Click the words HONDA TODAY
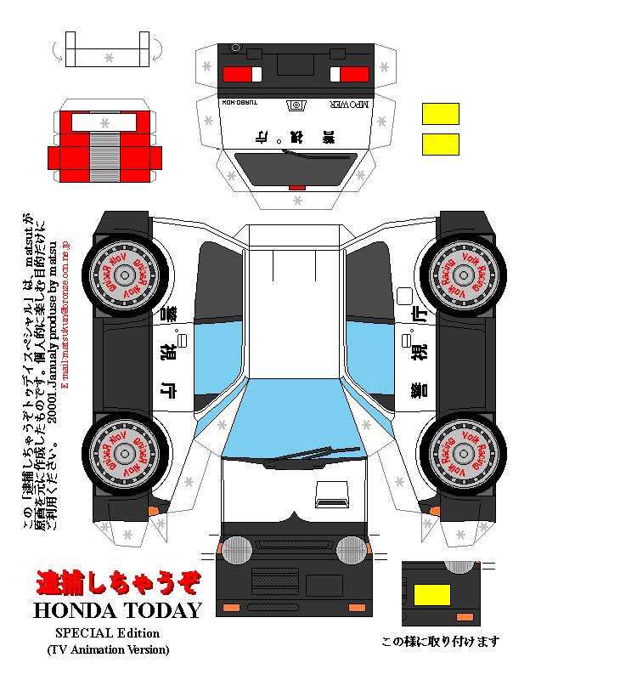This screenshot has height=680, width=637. (117, 610)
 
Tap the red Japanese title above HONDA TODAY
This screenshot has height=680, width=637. (118, 582)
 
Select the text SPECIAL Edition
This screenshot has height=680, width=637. (108, 633)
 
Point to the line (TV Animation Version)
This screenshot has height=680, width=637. (108, 649)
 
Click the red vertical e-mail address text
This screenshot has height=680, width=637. (66, 314)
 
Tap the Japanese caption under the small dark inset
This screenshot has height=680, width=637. (440, 642)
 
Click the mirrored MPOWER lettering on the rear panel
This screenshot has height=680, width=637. (348, 104)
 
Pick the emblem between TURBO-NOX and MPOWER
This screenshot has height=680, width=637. (296, 105)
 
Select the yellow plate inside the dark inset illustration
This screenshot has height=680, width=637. (431, 594)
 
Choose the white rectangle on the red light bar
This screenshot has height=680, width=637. (104, 122)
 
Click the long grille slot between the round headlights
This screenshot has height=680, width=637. (295, 544)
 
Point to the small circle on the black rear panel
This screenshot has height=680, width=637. (235, 48)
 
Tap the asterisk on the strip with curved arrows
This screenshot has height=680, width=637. (108, 58)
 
